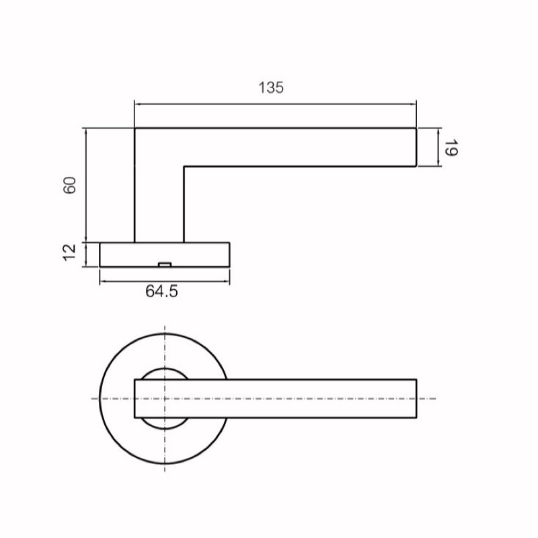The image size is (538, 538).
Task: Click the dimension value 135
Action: (x=271, y=87)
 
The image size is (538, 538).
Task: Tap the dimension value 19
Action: (x=451, y=147)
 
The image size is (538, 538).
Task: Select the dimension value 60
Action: (x=70, y=186)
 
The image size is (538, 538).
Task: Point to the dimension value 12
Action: (x=70, y=252)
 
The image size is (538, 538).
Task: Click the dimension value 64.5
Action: (x=161, y=291)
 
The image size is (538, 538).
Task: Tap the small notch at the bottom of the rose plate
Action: (x=165, y=264)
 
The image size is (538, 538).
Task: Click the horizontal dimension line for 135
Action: (x=275, y=104)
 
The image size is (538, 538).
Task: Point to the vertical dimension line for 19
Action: (x=438, y=147)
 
